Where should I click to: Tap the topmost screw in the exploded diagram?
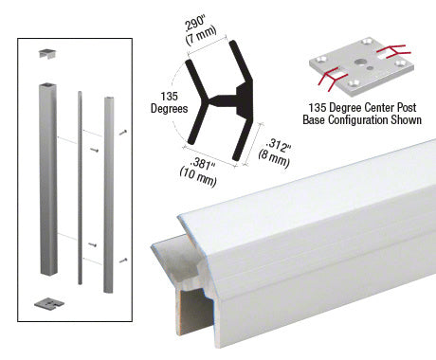[x=124, y=132]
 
